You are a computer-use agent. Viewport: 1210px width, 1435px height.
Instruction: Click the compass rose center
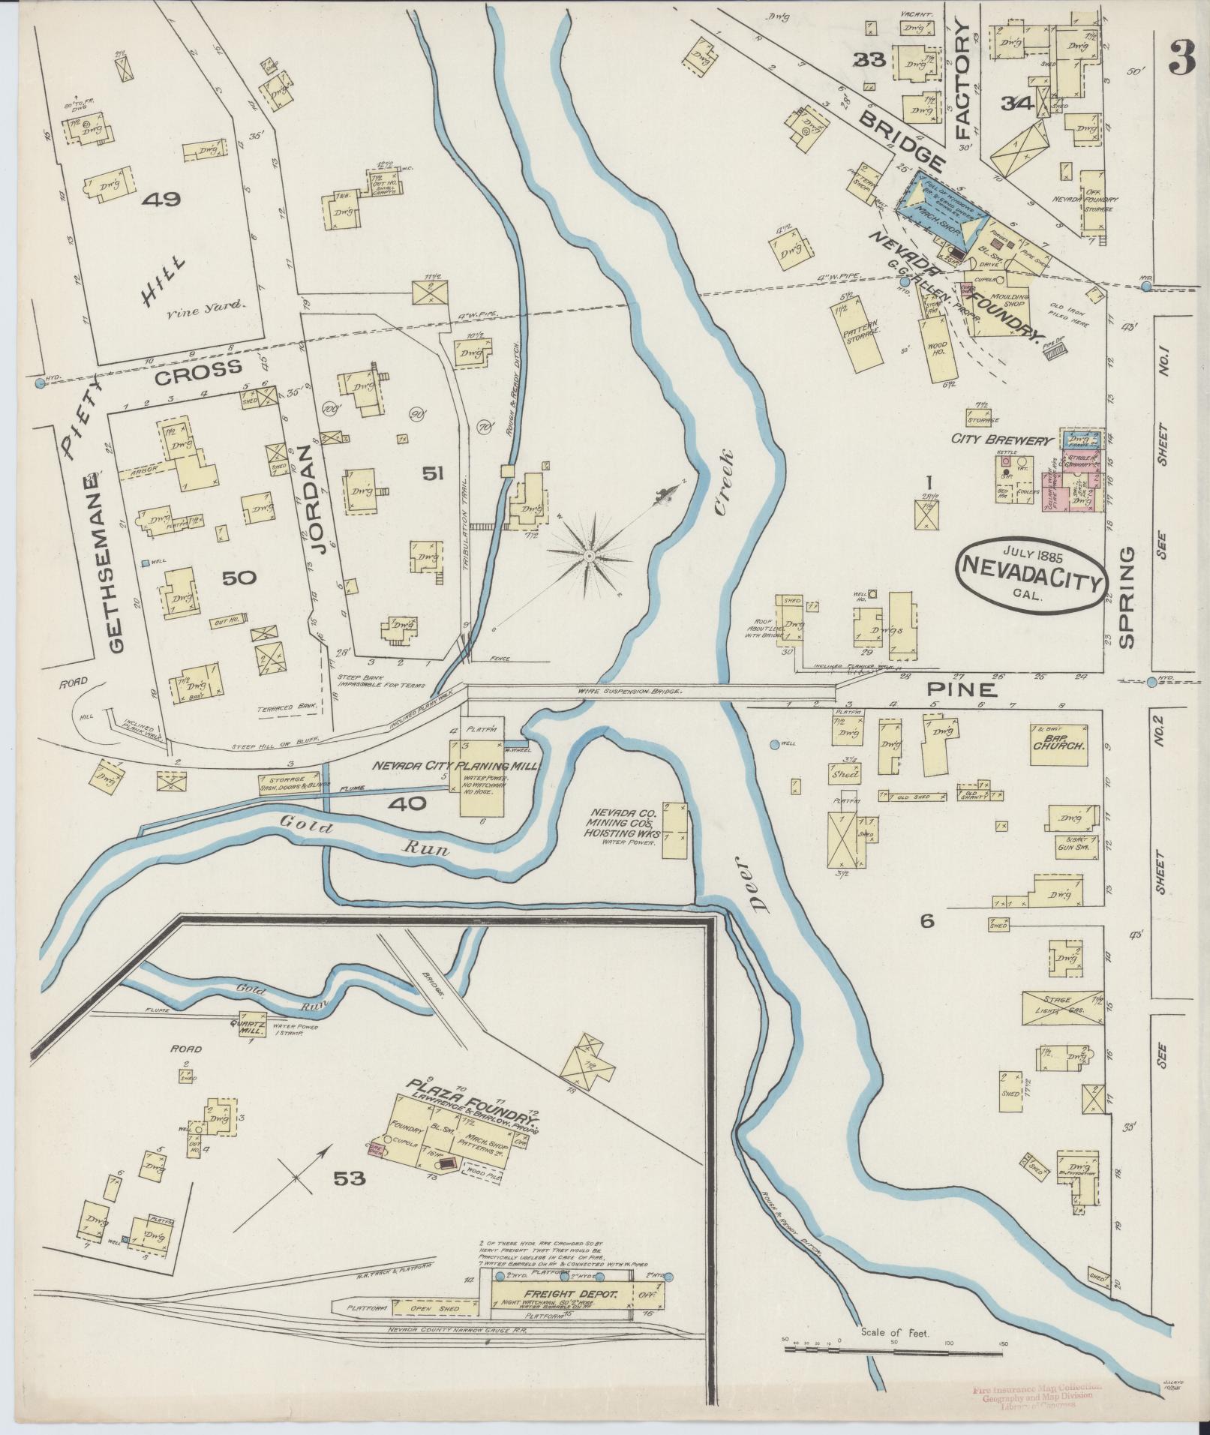coord(589,555)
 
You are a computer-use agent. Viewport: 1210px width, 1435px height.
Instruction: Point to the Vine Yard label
coord(218,305)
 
